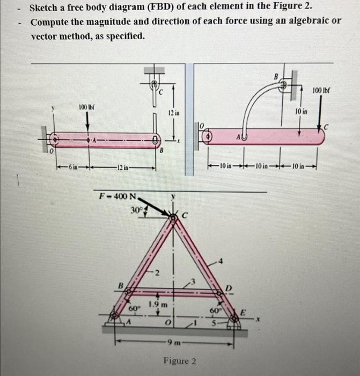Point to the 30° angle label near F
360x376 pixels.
[137, 211]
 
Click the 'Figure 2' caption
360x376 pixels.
[180, 361]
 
